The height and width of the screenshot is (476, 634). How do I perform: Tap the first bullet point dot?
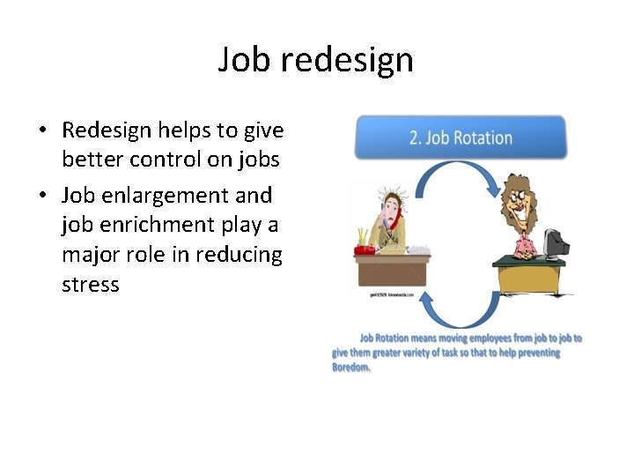tap(42, 131)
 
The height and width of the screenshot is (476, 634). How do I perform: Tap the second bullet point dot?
tap(42, 195)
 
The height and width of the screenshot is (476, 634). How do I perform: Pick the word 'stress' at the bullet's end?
tap(90, 285)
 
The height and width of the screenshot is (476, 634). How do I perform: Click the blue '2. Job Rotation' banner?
tap(461, 138)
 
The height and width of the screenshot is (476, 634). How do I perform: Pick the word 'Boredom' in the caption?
tap(350, 368)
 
